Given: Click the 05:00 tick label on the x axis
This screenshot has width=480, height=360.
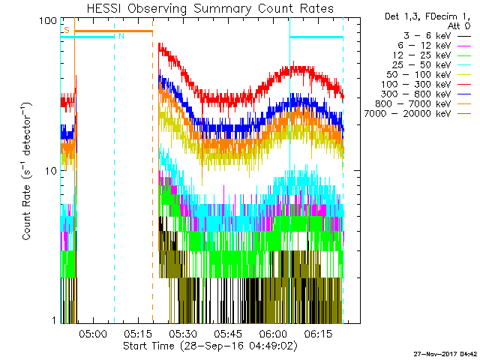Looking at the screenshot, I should tap(92, 334).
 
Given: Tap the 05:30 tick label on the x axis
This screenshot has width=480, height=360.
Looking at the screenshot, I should tap(183, 334).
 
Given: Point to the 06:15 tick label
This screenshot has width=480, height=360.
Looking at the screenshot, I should tap(318, 334).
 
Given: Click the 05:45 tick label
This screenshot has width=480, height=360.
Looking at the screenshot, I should tap(228, 334).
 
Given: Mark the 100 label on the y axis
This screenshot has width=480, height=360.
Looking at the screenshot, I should tap(49, 21).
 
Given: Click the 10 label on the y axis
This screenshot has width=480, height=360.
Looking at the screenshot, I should tap(51, 171).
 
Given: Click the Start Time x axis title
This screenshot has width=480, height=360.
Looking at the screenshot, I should tap(211, 346).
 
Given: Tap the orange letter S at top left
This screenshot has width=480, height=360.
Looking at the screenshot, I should tap(67, 30).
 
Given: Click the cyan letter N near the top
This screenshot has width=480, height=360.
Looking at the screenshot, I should tap(121, 36).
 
